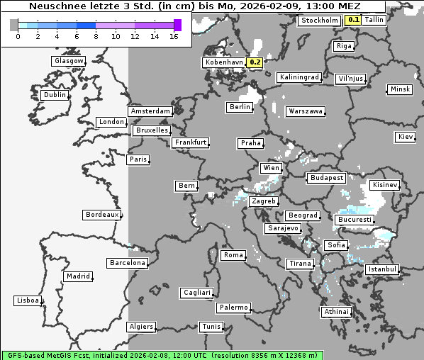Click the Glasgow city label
[x=68, y=61]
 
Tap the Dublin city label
[x=54, y=95]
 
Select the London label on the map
[x=111, y=122]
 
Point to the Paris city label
[x=138, y=159]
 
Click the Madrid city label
[x=77, y=276]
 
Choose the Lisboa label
[x=27, y=300]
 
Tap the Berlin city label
[x=240, y=107]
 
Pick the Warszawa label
[x=306, y=111]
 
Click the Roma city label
[x=233, y=255]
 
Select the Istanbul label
[x=382, y=270]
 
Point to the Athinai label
[x=336, y=312]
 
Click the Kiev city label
[x=406, y=136]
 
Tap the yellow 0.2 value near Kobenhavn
[x=255, y=62]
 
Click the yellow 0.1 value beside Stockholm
[x=352, y=20]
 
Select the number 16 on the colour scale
[x=174, y=36]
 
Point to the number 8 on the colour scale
[x=96, y=36]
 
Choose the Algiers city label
[x=140, y=327]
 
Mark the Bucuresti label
[x=354, y=220]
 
